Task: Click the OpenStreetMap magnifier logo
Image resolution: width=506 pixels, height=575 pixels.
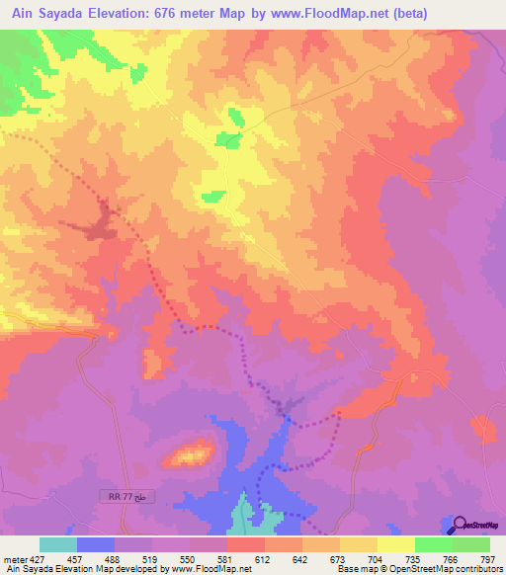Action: pyautogui.click(x=457, y=525)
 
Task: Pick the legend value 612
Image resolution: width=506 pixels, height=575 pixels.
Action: pyautogui.click(x=265, y=559)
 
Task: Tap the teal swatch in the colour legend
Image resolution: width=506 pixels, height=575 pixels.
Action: pyautogui.click(x=58, y=544)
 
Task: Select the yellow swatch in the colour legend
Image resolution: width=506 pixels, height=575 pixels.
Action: pyautogui.click(x=395, y=544)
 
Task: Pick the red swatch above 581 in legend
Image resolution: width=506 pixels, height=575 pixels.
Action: pyautogui.click(x=245, y=544)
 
